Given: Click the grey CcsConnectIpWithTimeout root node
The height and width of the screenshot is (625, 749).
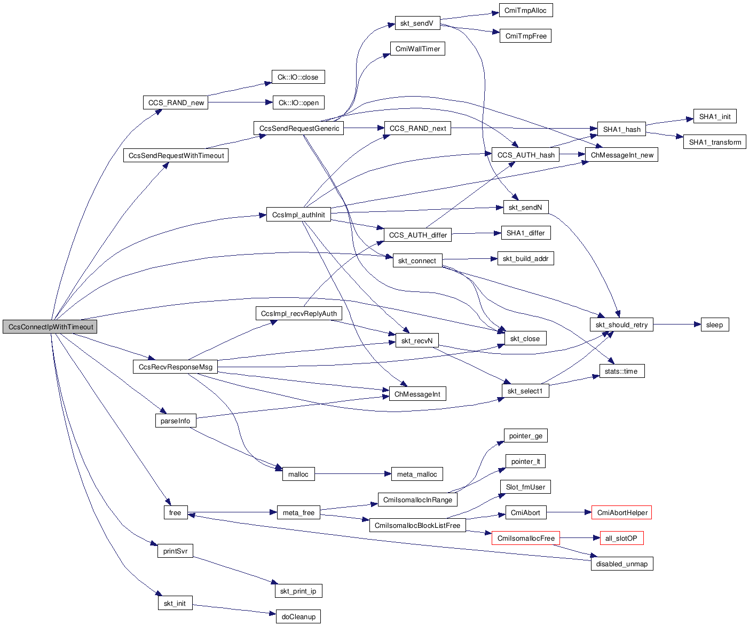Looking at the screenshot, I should [50, 327].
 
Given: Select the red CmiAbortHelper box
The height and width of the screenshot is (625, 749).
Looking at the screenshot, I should [622, 512].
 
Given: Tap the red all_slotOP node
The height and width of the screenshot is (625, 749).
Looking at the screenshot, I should [621, 538].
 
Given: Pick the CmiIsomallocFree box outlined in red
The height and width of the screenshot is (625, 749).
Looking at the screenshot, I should [526, 538].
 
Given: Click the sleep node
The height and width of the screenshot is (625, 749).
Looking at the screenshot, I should [714, 325].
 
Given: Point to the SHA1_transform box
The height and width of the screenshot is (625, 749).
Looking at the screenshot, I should [714, 142].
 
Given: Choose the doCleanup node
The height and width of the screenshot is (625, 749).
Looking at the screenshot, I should [298, 616].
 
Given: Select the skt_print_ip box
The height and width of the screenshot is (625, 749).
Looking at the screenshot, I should [298, 591].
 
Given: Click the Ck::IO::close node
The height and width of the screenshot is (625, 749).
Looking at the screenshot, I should [298, 77].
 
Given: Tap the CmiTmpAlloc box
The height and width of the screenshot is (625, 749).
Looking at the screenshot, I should [526, 10].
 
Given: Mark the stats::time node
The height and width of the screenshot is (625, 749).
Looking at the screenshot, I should [621, 371].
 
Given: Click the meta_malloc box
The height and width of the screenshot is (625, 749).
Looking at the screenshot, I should [417, 474].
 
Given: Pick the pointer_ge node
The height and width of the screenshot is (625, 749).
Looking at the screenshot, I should [525, 436].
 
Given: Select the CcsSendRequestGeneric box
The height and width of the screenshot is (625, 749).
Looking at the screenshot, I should [299, 128].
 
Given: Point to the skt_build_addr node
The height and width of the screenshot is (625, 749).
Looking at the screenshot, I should [525, 258].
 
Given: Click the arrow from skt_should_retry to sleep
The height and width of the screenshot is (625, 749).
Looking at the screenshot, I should [677, 324].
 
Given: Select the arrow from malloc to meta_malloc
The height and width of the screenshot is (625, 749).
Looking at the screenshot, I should [350, 474].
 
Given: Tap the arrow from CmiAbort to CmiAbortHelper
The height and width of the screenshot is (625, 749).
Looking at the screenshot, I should [569, 512].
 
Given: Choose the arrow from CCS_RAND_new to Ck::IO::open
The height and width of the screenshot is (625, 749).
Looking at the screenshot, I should [240, 102].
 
